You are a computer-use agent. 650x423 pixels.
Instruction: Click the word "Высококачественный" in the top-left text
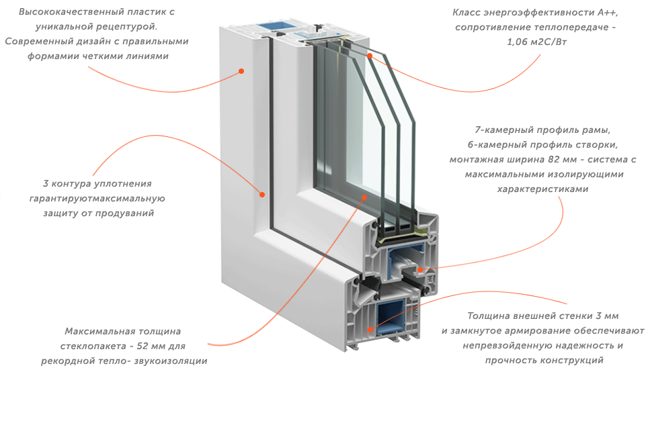[71, 12]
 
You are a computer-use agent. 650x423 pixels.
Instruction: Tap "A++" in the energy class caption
[608, 12]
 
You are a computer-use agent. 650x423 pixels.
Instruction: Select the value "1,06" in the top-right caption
[517, 42]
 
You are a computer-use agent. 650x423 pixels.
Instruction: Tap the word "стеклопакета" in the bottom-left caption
[93, 346]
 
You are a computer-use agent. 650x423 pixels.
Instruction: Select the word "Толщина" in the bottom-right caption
[489, 316]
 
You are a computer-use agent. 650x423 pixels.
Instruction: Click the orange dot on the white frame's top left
[241, 71]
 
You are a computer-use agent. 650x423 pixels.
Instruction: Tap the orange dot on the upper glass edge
[369, 55]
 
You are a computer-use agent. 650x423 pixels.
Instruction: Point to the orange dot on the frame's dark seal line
[262, 195]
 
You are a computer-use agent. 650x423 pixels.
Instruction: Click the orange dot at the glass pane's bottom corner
[364, 197]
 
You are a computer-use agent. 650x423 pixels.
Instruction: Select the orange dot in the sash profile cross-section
[420, 270]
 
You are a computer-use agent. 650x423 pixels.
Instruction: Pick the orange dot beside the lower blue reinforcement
[370, 330]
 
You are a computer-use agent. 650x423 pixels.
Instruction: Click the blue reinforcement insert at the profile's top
[272, 26]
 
